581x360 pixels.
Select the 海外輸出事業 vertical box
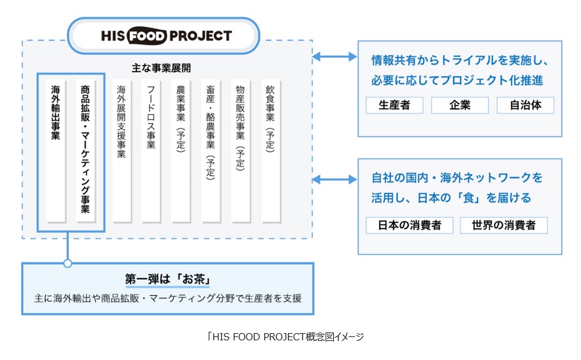point(56,151)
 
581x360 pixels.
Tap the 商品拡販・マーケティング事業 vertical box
point(86,151)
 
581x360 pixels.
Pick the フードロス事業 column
point(151,151)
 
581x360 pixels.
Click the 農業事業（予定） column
point(181,151)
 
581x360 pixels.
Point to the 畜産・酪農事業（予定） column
point(210,151)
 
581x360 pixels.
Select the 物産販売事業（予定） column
point(241,151)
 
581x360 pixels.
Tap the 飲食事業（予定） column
point(270,151)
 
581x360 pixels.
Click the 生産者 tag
point(394,105)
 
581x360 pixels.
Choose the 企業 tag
point(460,105)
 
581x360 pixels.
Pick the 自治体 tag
point(525,105)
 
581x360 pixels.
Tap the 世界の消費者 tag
point(504,225)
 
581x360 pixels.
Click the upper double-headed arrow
point(334,56)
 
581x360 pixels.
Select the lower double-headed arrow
point(334,178)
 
